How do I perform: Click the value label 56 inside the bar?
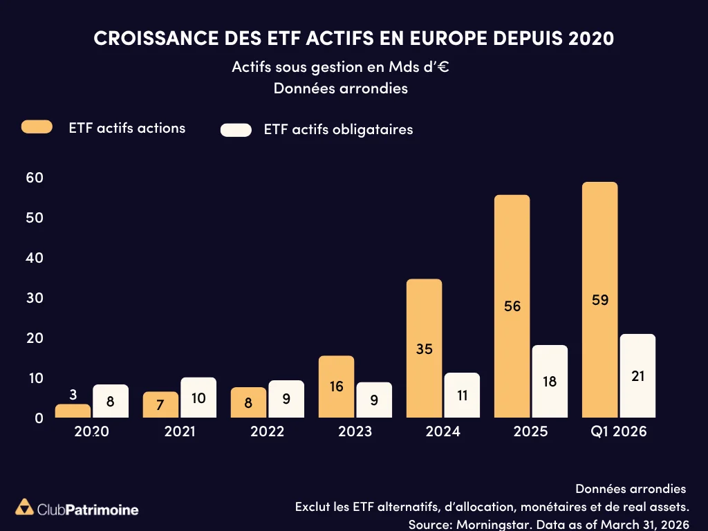[512, 306]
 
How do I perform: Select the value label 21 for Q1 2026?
[637, 375]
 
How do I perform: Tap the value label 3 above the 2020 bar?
[73, 395]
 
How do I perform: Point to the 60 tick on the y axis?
[35, 178]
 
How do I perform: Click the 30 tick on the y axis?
[35, 298]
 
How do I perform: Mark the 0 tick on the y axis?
[39, 418]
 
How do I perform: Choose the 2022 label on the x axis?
[267, 432]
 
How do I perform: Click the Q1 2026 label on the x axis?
[618, 432]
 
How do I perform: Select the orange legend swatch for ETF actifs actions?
[37, 127]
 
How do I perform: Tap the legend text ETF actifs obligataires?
[338, 130]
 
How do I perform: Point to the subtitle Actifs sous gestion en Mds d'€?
[342, 68]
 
